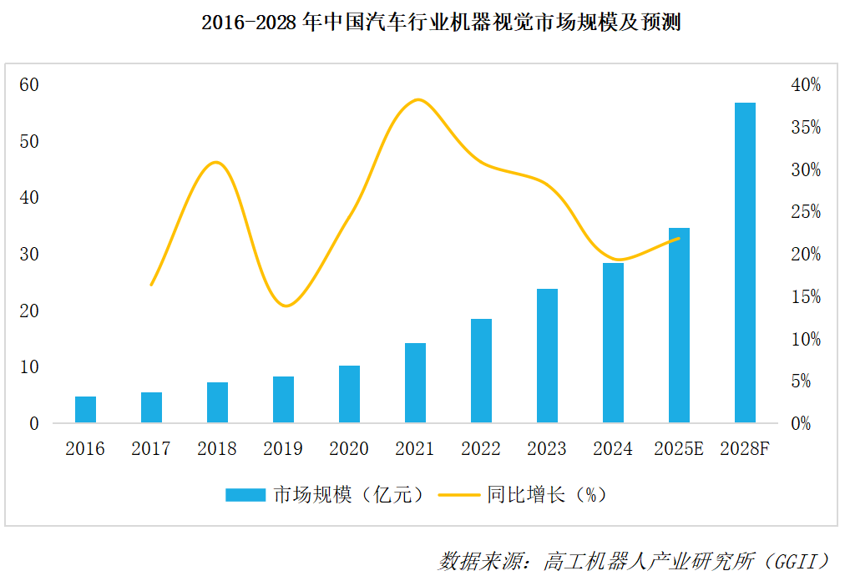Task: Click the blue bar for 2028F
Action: click(745, 263)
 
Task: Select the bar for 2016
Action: click(85, 409)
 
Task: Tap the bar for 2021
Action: click(415, 382)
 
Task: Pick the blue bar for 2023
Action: click(547, 356)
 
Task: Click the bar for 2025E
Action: click(679, 325)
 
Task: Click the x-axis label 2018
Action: click(217, 449)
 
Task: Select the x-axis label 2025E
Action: click(679, 449)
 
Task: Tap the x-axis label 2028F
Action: click(745, 449)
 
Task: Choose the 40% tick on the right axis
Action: click(805, 84)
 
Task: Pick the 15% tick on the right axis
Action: click(805, 296)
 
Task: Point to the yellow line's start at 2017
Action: click(151, 285)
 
